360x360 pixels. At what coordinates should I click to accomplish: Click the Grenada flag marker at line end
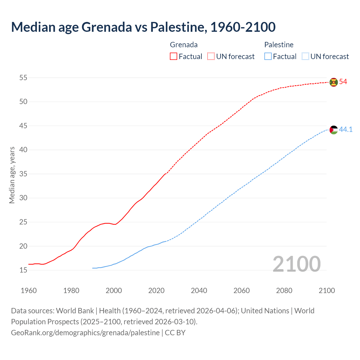334,82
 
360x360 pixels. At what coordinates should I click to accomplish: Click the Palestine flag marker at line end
334,130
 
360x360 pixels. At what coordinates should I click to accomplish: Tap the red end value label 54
343,82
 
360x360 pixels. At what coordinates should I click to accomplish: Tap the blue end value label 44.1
346,129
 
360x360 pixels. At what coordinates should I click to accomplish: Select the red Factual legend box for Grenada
174,57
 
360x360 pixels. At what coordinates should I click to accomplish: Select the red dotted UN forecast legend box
211,57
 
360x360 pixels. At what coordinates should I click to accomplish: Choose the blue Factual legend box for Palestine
268,57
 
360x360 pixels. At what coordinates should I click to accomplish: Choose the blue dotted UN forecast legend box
305,57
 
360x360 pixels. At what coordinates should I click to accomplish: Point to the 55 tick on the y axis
23,78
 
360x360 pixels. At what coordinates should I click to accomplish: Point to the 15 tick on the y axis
23,270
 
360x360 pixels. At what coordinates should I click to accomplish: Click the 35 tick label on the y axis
23,174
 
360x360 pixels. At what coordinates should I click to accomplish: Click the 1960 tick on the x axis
29,291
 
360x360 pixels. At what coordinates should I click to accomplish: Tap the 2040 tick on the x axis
199,291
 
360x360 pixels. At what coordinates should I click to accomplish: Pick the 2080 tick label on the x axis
284,291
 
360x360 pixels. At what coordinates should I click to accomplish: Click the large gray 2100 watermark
297,264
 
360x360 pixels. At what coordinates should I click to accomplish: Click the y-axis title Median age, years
12,175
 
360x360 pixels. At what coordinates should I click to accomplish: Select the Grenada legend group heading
184,45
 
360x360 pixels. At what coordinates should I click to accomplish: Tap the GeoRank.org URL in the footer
85,333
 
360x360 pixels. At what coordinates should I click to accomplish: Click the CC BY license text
175,333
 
